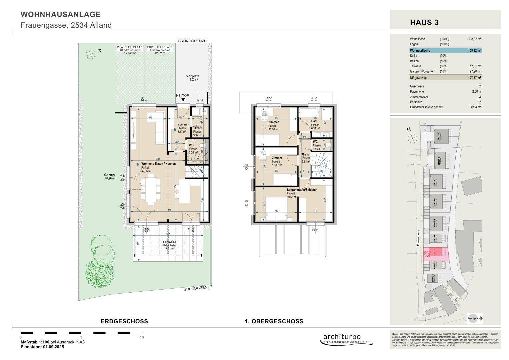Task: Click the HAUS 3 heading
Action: tap(424, 23)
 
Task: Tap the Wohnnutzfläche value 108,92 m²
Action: tap(474, 51)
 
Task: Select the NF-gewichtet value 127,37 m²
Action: tap(474, 78)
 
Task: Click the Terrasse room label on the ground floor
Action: tap(169, 242)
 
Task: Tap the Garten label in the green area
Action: tap(109, 175)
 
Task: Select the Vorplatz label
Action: tap(192, 76)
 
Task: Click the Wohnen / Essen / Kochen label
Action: tap(158, 164)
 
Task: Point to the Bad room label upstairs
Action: tap(314, 121)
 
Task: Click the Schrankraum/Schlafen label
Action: tap(302, 190)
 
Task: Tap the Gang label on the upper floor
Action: tap(305, 154)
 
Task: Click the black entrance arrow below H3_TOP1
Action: tap(183, 100)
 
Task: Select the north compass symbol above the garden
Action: tap(90, 53)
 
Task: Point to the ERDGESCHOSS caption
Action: tap(124, 321)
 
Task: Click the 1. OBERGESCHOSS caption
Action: tap(274, 321)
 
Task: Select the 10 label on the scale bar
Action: tap(142, 337)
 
